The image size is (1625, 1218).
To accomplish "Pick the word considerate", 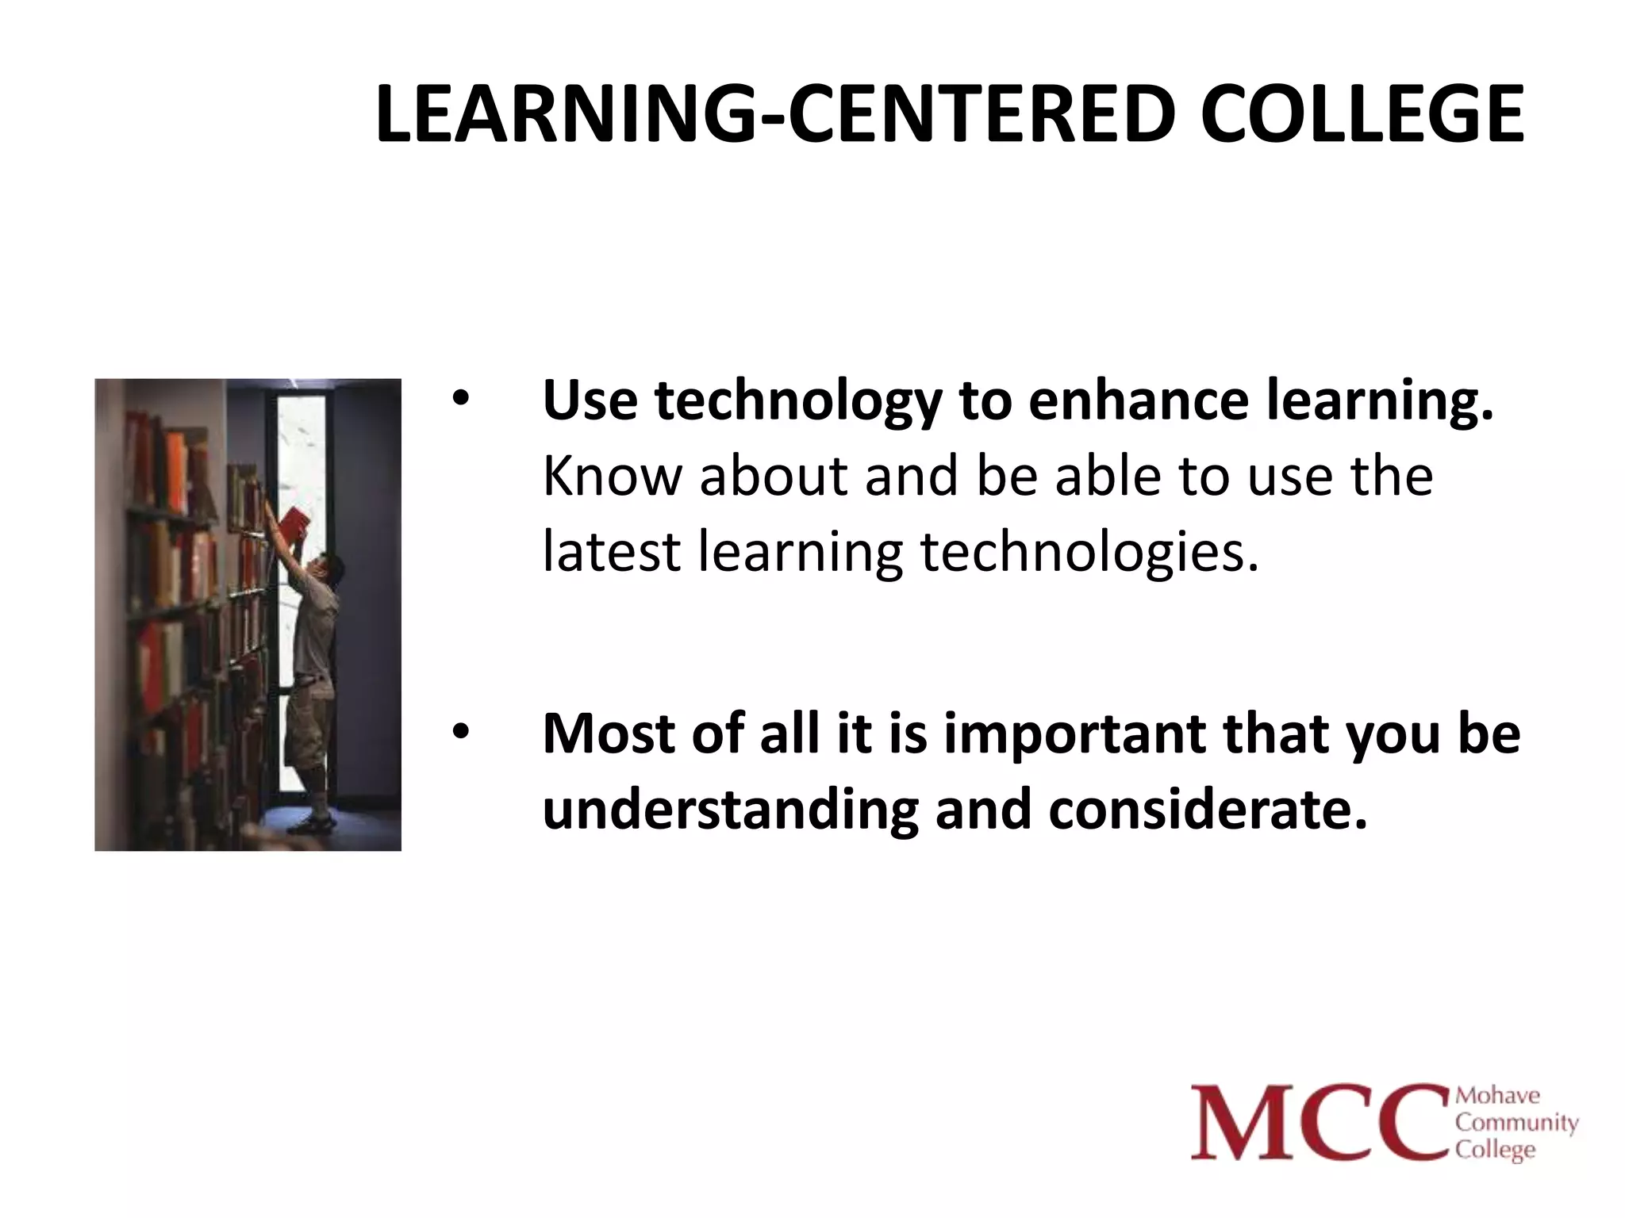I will point(1208,809).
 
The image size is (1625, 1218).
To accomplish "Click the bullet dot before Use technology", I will point(461,400).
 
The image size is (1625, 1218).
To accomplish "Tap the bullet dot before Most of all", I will point(461,733).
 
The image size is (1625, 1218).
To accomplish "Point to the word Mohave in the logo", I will point(1497,1096).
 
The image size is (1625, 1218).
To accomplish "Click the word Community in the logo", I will point(1516,1123).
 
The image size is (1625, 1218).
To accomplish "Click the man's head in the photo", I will point(328,568).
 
